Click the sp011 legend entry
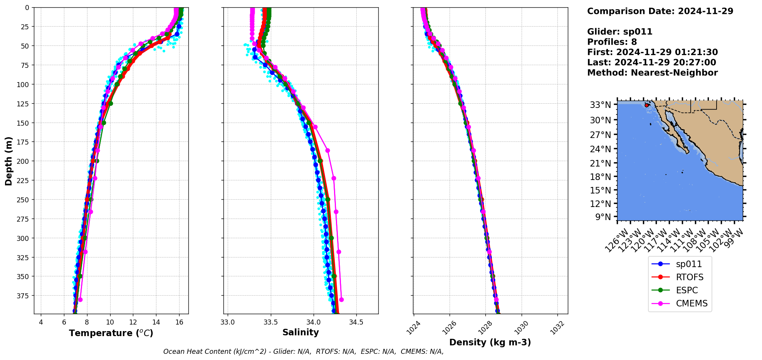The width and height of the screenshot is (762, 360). coord(688,264)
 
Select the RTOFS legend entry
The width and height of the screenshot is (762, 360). coord(689,277)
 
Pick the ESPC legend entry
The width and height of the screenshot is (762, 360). coord(686,290)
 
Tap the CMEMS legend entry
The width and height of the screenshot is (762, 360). coord(692,303)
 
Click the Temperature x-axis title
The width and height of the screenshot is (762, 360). coord(111,333)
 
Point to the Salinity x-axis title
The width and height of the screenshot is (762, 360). coord(300,332)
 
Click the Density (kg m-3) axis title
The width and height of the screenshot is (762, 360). coord(490,342)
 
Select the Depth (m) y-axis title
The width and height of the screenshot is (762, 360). coord(8,161)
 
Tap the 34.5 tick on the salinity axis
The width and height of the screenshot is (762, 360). coord(356,322)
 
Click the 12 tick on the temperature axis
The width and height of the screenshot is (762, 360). coord(133,322)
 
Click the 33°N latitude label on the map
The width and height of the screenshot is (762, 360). coord(601,105)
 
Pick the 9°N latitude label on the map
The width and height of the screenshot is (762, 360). coord(603,217)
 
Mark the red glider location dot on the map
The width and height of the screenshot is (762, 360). coord(646,105)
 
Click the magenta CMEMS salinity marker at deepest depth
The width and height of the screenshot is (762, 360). coord(341,299)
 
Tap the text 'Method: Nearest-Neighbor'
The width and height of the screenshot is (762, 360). coord(652,72)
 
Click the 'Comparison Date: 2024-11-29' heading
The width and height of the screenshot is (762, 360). coord(660,11)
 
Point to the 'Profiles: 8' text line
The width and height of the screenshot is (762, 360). coord(612,42)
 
